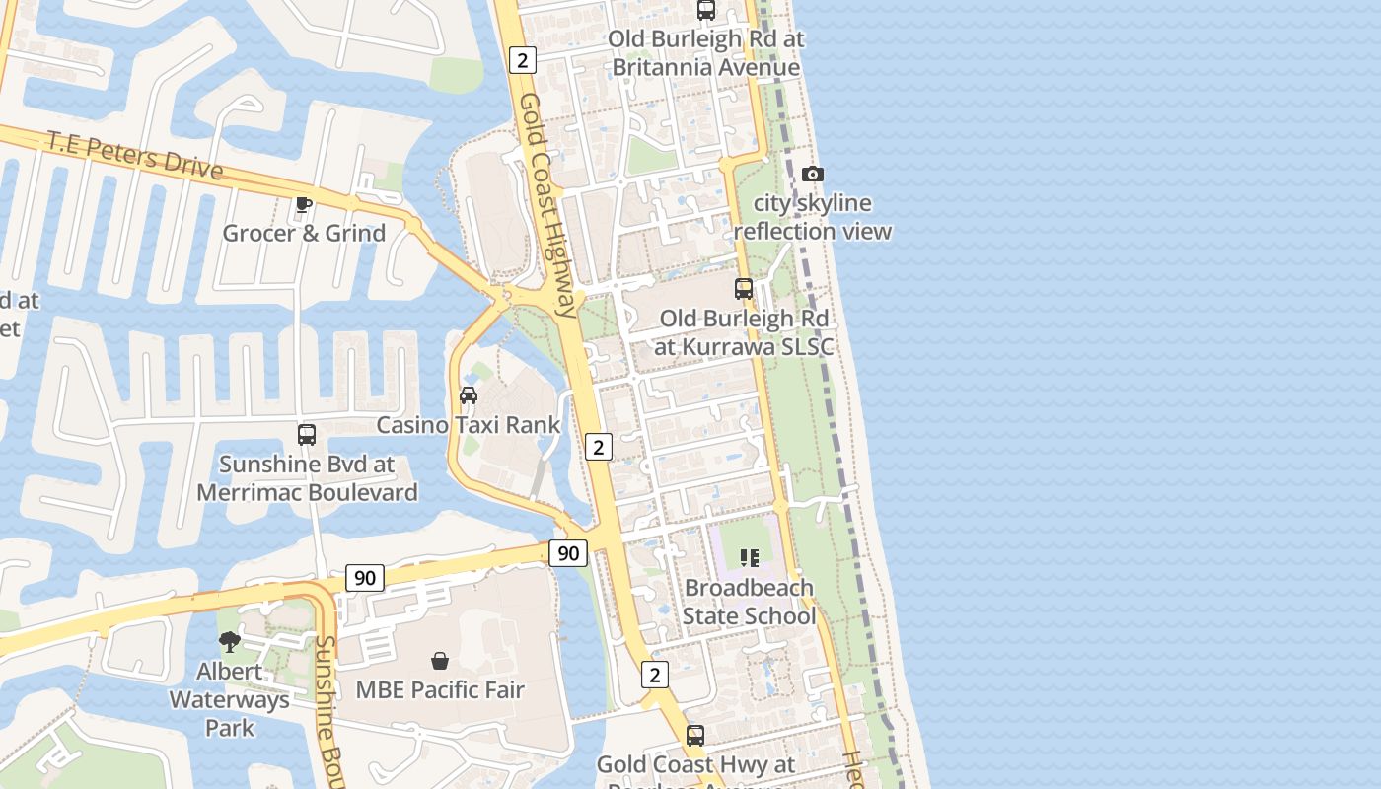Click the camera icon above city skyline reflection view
coord(812,175)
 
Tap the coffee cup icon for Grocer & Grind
coord(304,205)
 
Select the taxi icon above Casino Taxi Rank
coord(469,395)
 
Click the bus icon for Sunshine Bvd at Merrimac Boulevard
coord(307,434)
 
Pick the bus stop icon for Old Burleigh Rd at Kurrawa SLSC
coord(744,289)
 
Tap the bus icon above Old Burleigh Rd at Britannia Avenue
coord(706,11)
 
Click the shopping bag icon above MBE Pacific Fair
coord(440,660)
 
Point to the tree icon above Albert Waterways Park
coord(229,643)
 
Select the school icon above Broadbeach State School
coord(750,558)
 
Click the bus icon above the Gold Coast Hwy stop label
coord(695,735)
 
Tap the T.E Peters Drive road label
coord(135,156)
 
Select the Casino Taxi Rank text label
coord(469,425)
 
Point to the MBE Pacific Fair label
coord(440,689)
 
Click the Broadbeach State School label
coord(750,602)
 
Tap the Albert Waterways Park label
coord(230,699)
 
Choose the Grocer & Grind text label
coord(304,233)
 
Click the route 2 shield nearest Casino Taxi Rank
coord(598,447)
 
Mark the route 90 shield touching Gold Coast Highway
coord(568,553)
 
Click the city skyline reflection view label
coord(813,217)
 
